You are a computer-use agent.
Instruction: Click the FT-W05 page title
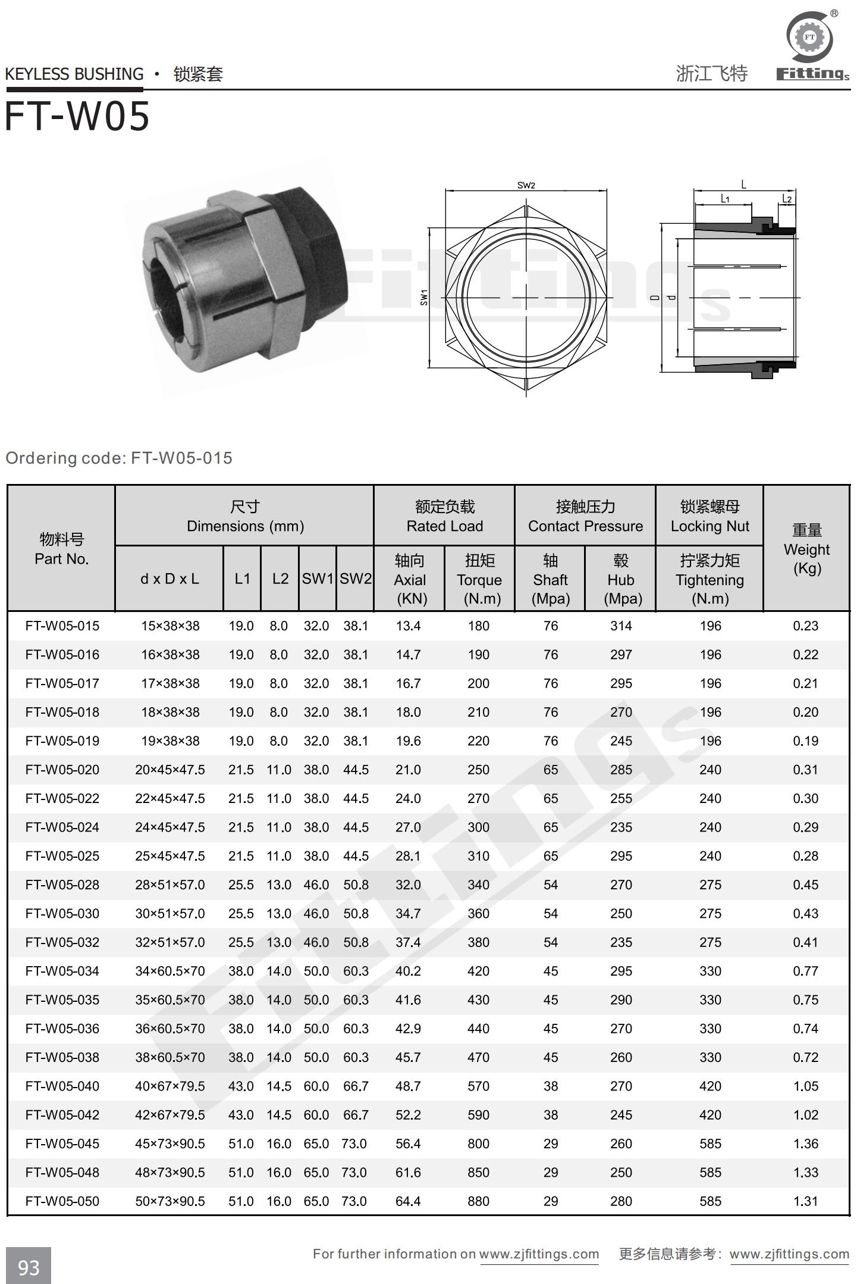(77, 116)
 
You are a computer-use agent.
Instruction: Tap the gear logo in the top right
(809, 38)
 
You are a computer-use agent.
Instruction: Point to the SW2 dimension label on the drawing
(526, 185)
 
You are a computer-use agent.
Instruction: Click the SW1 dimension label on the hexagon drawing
(424, 297)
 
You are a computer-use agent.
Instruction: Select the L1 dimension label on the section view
(725, 199)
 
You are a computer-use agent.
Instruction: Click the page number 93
(29, 1267)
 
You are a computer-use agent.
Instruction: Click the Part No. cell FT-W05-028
(62, 885)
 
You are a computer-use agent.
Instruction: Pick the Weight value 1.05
(805, 1086)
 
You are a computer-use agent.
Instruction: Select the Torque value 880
(478, 1201)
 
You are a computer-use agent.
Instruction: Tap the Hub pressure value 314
(620, 626)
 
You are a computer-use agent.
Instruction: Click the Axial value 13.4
(408, 626)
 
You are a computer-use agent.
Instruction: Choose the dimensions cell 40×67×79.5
(169, 1086)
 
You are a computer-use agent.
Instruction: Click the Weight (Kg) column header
(806, 548)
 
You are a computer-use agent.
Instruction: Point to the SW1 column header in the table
(318, 579)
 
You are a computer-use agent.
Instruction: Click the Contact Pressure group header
(585, 516)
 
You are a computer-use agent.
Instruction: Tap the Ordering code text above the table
(119, 458)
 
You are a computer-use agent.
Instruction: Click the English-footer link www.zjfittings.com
(539, 1254)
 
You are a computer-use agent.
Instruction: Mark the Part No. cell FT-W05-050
(62, 1201)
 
